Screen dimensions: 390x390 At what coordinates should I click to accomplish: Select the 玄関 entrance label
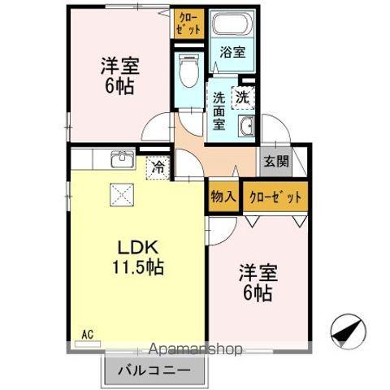click(275, 160)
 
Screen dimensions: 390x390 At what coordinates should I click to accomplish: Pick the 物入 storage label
click(223, 197)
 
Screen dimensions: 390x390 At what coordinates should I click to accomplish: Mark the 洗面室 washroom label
click(219, 112)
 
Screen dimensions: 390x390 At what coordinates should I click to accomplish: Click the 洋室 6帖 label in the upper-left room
click(119, 74)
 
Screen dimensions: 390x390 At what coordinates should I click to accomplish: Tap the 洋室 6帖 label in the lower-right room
click(257, 280)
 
